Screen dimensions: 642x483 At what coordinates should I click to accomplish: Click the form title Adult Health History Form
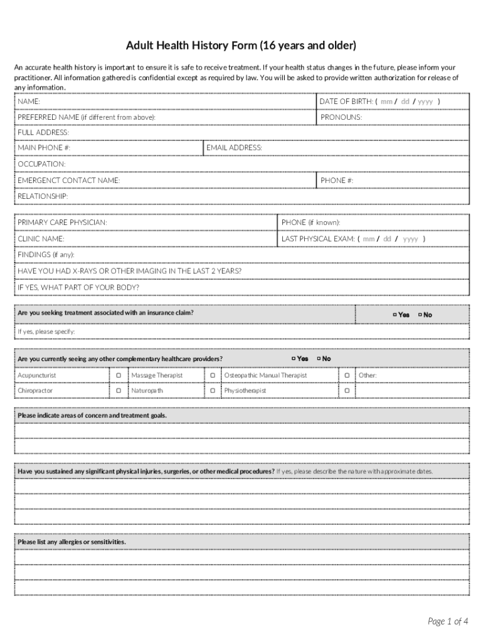pyautogui.click(x=241, y=46)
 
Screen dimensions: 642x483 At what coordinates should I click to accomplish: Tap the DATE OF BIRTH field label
pyautogui.click(x=346, y=101)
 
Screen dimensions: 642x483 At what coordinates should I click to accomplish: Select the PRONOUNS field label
pyautogui.click(x=341, y=117)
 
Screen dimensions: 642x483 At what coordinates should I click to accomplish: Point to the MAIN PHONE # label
pyautogui.click(x=44, y=147)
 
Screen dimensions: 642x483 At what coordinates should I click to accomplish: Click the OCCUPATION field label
pyautogui.click(x=41, y=164)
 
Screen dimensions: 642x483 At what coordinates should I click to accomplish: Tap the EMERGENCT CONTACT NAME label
pyautogui.click(x=69, y=181)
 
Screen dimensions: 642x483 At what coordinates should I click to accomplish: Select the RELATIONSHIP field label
pyautogui.click(x=43, y=196)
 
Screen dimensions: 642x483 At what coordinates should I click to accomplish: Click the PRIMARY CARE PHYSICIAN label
pyautogui.click(x=62, y=223)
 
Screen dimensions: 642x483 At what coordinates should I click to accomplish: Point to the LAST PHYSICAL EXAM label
pyautogui.click(x=318, y=239)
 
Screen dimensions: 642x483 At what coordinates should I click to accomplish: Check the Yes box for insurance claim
pyautogui.click(x=395, y=315)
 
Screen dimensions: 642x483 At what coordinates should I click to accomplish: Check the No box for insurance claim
pyautogui.click(x=420, y=315)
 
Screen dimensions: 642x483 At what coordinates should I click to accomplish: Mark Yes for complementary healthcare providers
pyautogui.click(x=294, y=359)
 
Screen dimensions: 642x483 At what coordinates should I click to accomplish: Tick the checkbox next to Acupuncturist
pyautogui.click(x=118, y=376)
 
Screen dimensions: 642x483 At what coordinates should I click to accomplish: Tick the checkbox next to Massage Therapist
pyautogui.click(x=213, y=376)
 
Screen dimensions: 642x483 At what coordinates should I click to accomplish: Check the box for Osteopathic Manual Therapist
pyautogui.click(x=346, y=376)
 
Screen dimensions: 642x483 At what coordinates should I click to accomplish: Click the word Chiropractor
pyautogui.click(x=35, y=391)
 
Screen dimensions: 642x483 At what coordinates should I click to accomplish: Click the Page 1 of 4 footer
pyautogui.click(x=448, y=621)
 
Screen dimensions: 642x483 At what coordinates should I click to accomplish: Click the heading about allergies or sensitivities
pyautogui.click(x=72, y=542)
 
